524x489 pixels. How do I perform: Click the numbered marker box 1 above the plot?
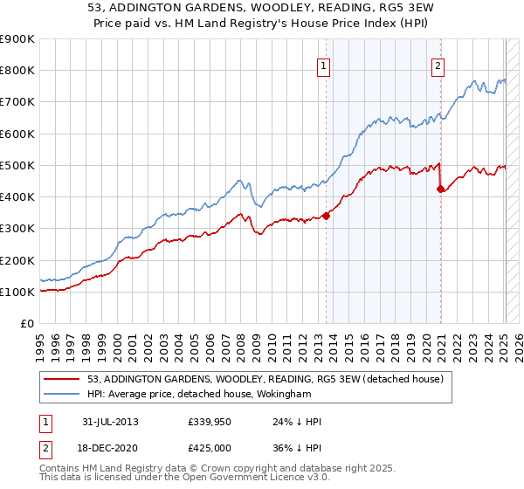click(x=324, y=64)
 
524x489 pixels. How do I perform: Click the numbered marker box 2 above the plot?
click(x=438, y=64)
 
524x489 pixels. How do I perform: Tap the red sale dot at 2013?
click(x=326, y=216)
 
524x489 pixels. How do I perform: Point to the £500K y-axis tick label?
click(x=17, y=165)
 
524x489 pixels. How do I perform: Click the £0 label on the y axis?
click(x=26, y=323)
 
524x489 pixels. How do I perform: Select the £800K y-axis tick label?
click(x=17, y=70)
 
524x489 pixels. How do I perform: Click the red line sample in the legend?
click(x=63, y=379)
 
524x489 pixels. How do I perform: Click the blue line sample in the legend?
click(x=63, y=394)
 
